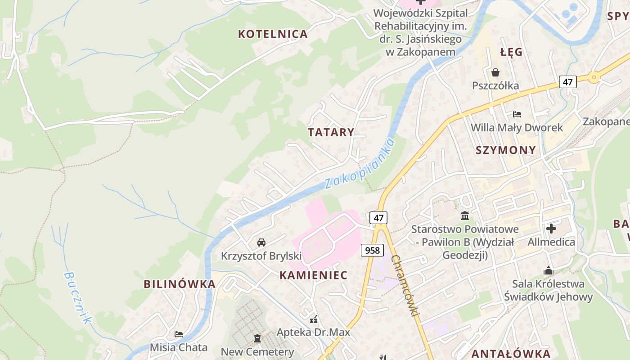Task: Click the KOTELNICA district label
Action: coord(273,34)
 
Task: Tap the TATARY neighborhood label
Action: coord(331,132)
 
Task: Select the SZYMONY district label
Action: coord(506,150)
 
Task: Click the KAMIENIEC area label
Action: coord(314,275)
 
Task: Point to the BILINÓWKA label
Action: coord(180,284)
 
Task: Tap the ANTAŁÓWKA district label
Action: coord(511,354)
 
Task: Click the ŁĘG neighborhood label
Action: coord(512,52)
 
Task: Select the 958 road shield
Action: coord(372,250)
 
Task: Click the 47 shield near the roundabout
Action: coord(568,82)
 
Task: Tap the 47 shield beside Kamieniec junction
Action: coord(378,218)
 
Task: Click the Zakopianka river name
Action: coord(360,164)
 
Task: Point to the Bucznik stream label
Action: coord(77,297)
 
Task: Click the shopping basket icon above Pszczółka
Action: coord(495,72)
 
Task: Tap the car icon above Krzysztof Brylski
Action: coord(261,243)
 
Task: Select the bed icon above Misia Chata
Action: coord(179,334)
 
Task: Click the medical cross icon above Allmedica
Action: coord(551,229)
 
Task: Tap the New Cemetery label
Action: coord(257,352)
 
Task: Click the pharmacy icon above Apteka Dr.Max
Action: coord(314,319)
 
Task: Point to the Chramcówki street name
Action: coord(405,285)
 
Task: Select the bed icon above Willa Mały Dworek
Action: coord(517,115)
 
